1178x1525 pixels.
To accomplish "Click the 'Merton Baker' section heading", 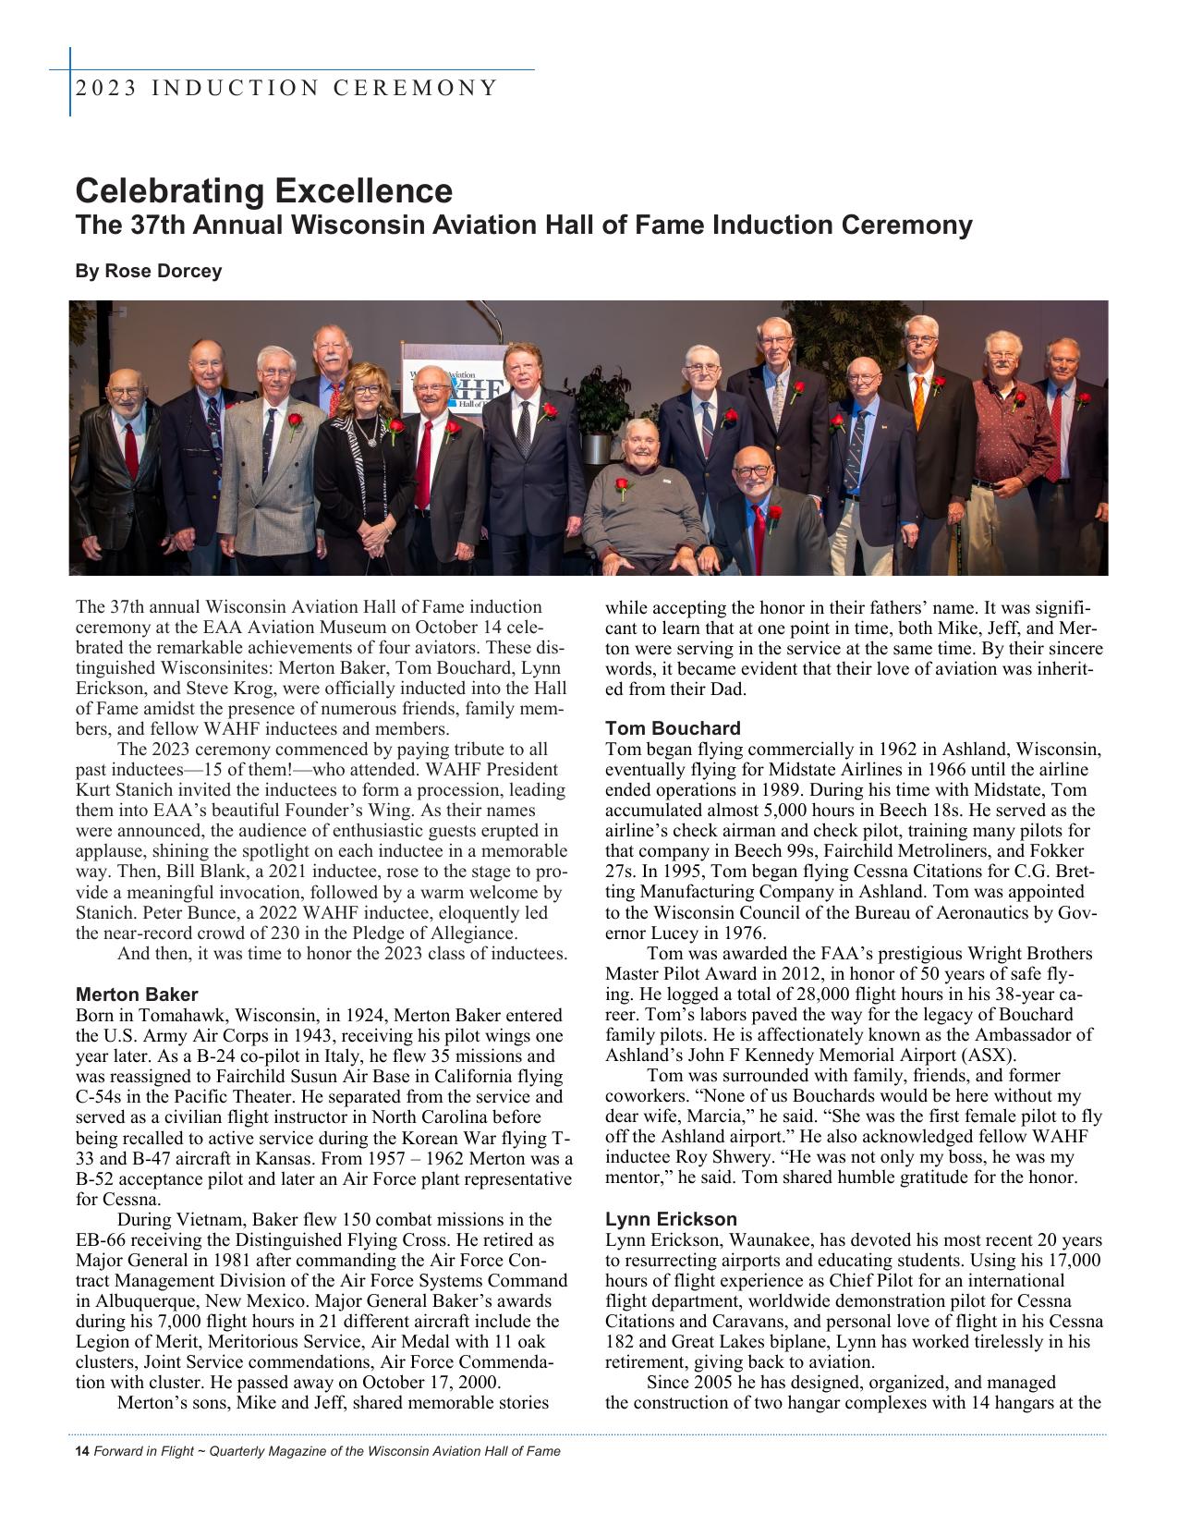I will [137, 994].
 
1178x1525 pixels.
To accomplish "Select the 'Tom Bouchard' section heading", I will [673, 728].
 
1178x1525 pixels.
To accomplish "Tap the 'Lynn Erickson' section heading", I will [671, 1219].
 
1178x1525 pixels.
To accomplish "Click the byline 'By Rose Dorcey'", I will [149, 272].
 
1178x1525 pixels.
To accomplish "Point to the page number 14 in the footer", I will [81, 1451].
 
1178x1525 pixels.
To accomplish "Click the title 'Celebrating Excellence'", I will [264, 191].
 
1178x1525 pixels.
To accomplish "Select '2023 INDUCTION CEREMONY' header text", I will [286, 89].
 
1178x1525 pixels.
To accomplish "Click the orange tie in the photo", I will [918, 396].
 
